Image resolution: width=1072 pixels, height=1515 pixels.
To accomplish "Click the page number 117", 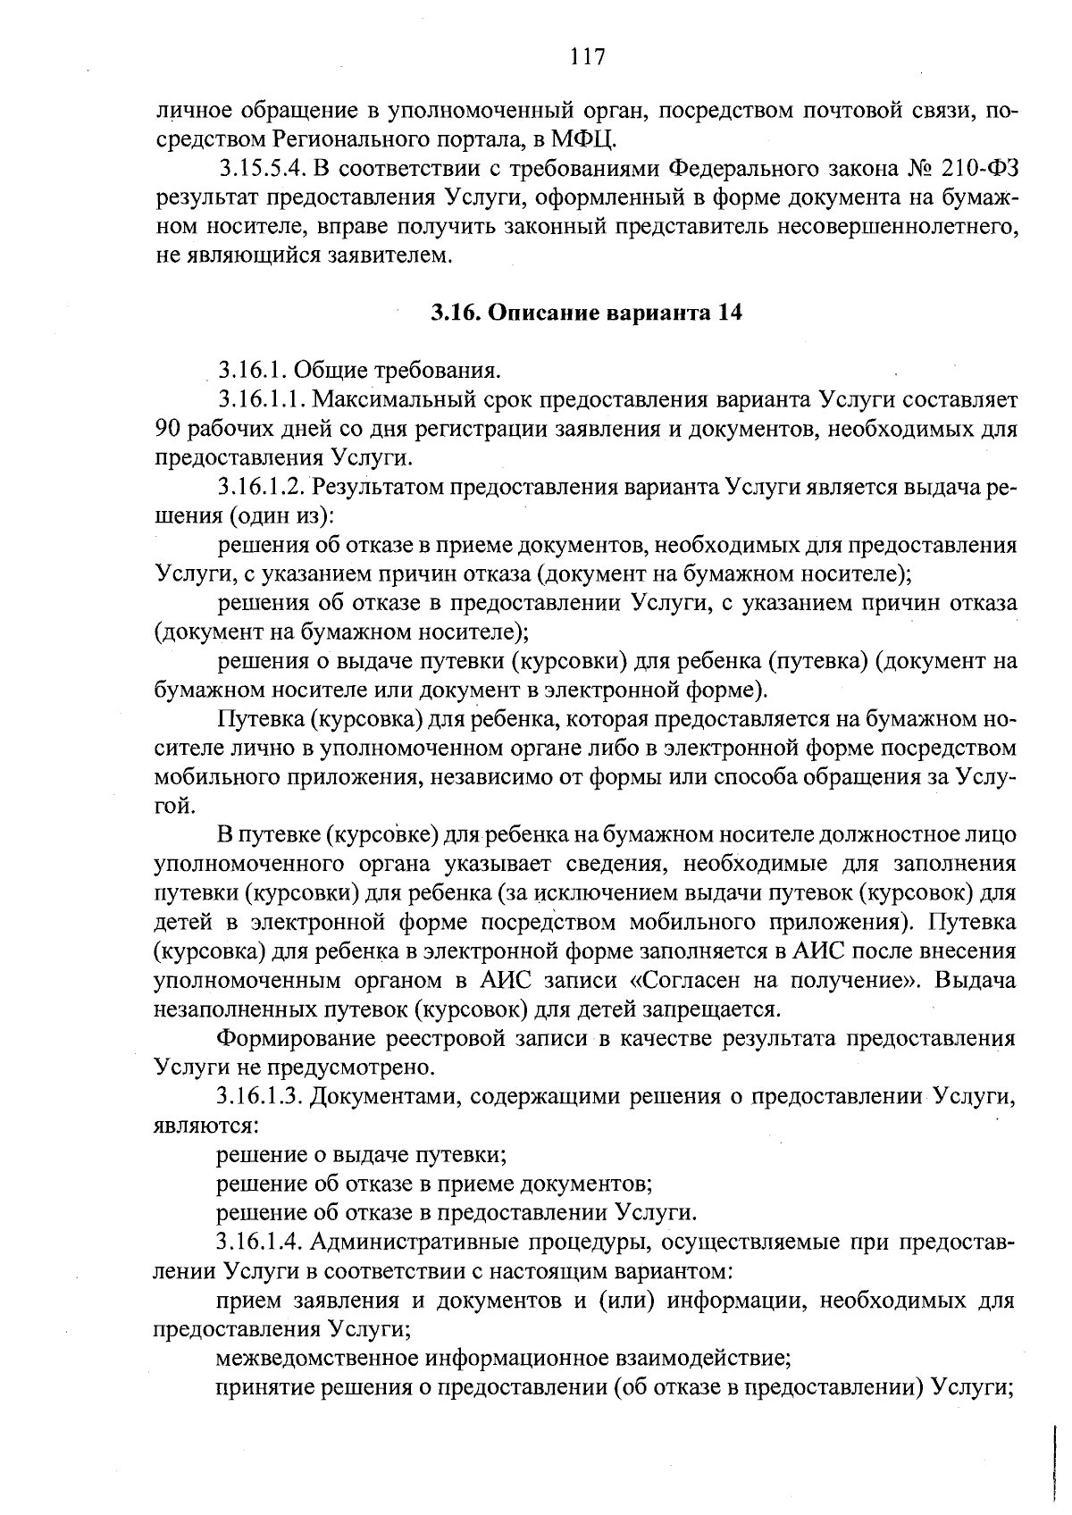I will [x=587, y=58].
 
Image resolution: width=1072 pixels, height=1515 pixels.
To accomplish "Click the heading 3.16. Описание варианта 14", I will [x=586, y=313].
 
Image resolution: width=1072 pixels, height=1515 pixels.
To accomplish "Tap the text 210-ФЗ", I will [x=978, y=169].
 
